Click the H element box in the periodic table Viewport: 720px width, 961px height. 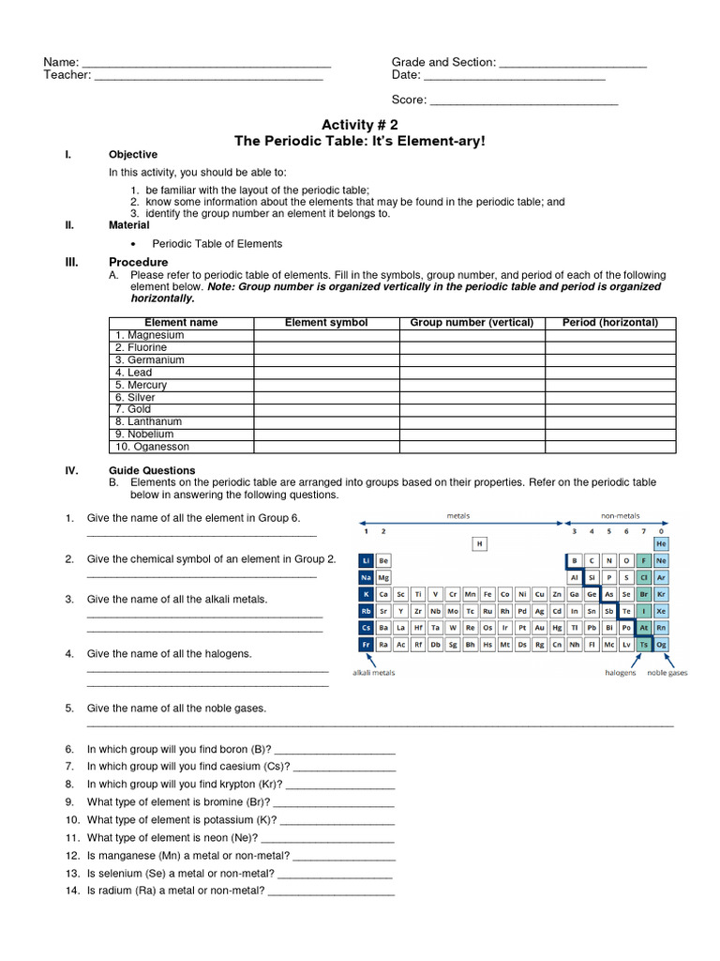point(480,543)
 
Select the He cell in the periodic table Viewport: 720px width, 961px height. point(662,543)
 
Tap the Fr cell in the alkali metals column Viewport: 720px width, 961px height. point(367,645)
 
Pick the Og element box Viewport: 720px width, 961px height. point(662,645)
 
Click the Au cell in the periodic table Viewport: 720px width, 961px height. point(539,628)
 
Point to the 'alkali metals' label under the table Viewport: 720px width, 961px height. point(373,673)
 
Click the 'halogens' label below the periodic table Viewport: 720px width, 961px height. point(620,673)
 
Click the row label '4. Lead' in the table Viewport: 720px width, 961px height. point(133,373)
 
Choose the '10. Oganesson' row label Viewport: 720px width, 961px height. point(152,447)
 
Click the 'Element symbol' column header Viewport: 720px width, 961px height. point(326,323)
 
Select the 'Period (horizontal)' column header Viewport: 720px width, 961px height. point(609,323)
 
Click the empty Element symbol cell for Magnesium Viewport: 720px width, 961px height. point(326,335)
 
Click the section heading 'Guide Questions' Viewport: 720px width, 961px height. point(152,470)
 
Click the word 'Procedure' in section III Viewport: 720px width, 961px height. point(138,262)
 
